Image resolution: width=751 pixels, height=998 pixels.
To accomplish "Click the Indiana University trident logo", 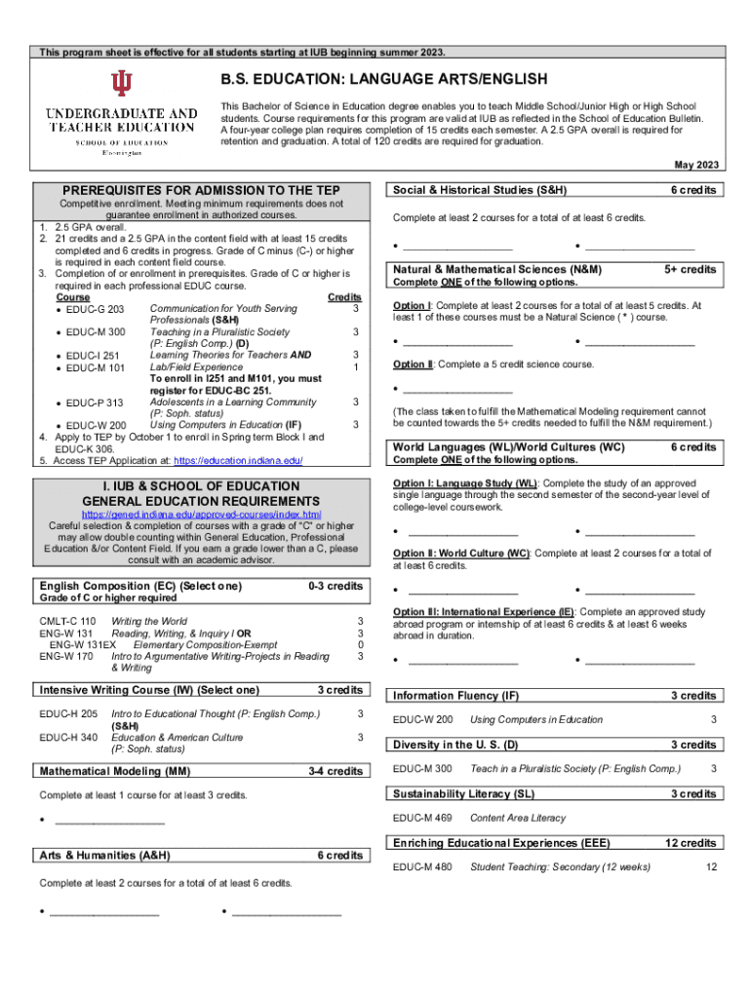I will tap(121, 85).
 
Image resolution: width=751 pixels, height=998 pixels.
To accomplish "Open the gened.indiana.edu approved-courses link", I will tap(201, 514).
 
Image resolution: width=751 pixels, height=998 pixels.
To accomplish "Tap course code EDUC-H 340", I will tap(68, 738).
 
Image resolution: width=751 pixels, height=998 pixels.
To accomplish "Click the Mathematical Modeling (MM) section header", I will tap(115, 771).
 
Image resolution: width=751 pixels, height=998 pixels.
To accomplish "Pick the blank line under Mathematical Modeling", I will tap(107, 824).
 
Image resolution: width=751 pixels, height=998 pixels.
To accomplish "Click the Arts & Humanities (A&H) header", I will tap(105, 856).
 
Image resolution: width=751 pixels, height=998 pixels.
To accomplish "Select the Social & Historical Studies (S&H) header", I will tap(481, 190).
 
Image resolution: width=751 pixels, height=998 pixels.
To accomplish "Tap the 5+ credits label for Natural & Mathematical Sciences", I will tap(691, 269).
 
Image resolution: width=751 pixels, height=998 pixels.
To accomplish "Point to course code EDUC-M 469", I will tap(421, 818).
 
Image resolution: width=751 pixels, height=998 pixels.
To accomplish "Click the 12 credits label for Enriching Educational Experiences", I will tap(691, 843).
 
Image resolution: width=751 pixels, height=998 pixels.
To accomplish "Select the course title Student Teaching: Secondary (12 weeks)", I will tap(560, 866).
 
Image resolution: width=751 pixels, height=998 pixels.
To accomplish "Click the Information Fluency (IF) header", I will tap(456, 696).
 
